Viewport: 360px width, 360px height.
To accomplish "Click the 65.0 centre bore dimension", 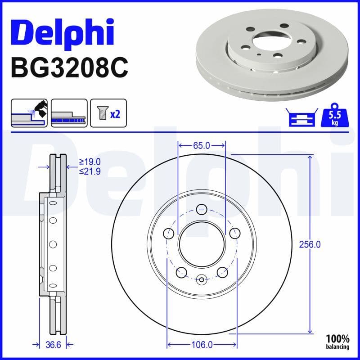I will coord(202,145).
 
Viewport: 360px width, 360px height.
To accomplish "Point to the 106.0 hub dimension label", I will coord(202,345).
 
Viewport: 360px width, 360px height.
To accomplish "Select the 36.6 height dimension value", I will coord(53,345).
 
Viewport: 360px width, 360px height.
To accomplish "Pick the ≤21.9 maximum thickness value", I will coord(90,171).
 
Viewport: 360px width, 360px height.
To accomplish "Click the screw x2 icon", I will coord(108,113).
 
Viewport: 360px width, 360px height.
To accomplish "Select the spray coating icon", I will coord(29,113).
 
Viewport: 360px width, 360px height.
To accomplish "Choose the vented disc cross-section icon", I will coord(69,113).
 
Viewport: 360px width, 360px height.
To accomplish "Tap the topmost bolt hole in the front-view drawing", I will coord(202,209).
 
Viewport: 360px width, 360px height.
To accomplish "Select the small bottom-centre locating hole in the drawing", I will coord(202,280).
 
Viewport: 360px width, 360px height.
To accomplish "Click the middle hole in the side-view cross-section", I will coord(53,244).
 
